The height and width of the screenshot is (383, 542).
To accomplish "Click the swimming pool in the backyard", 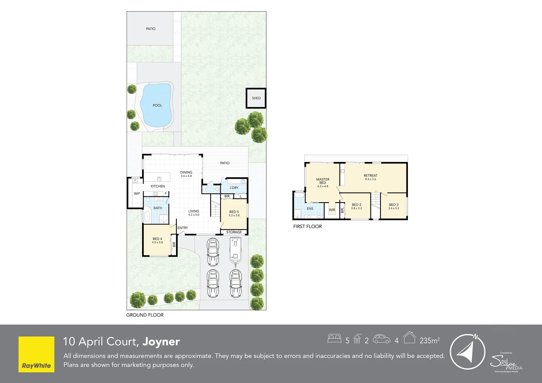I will pos(156,105).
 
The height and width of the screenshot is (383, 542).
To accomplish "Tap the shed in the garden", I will pos(256,98).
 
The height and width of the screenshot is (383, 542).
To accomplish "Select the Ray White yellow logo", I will pos(37,354).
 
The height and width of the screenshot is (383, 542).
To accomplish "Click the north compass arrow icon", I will pos(467,352).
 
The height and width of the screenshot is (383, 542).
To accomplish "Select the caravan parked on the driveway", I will pos(235,251).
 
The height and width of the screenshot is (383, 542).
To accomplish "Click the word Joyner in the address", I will pos(161,342).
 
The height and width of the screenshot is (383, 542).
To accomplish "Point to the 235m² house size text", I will pos(430,340).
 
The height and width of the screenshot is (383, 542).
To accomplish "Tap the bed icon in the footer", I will pos(334,339).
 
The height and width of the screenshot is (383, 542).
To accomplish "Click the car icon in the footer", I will pos(382,339).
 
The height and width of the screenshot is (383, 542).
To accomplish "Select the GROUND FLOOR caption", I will pos(145,315).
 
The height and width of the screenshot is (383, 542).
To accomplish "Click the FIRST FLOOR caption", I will pos(307,226).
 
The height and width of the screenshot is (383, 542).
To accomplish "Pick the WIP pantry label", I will pos(137,194).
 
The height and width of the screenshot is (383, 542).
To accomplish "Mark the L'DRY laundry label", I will pos(234,188).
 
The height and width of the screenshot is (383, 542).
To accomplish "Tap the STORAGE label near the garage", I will pos(234,232).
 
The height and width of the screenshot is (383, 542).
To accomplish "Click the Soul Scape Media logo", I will pos(506,362).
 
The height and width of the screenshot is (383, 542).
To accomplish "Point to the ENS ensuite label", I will pos(310,209).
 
